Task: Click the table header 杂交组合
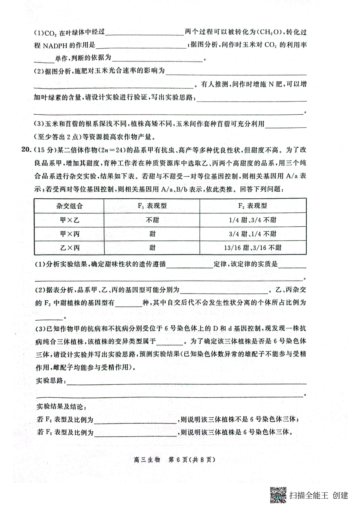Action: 69,206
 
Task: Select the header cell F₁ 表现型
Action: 152,206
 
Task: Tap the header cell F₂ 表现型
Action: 252,206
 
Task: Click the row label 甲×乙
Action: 69,220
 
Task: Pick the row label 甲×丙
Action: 69,234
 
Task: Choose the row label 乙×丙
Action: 69,248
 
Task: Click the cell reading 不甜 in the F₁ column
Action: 152,220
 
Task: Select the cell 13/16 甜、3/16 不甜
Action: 253,248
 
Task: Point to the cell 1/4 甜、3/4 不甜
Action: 253,220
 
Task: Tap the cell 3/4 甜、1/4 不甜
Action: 253,234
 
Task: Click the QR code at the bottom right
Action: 278,495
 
